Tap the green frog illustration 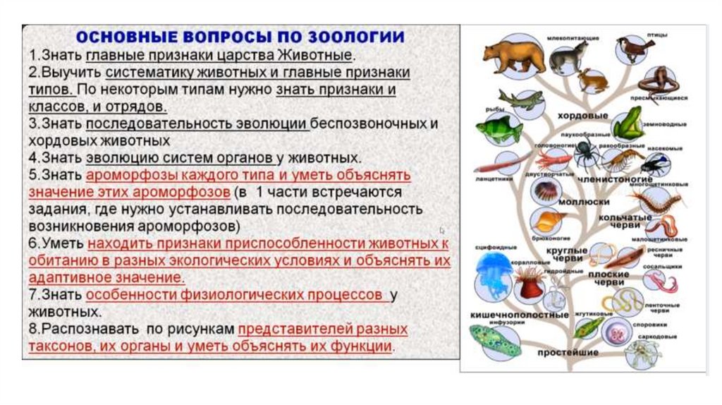pos(626,125)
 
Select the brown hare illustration pos(593,81)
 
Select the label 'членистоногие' pos(606,179)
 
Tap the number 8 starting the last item pos(32,330)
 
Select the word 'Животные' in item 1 pos(319,54)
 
